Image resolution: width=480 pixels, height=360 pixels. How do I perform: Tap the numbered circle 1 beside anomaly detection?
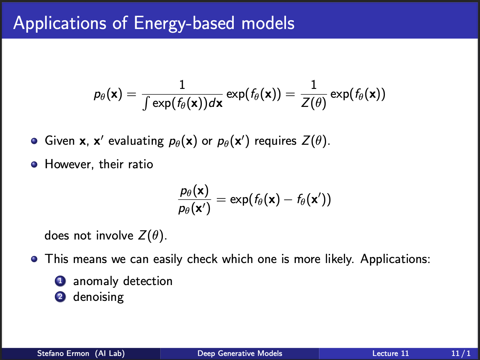[60, 281]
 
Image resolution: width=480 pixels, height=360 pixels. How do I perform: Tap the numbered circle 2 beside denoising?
[60, 297]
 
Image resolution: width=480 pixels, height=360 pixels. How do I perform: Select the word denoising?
[98, 297]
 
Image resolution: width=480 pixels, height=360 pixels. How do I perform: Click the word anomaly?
[96, 281]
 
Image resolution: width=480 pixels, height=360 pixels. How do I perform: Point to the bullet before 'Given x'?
[34, 141]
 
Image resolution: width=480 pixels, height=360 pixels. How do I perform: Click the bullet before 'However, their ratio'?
[34, 164]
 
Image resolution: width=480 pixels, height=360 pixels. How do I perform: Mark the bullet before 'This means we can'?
[34, 259]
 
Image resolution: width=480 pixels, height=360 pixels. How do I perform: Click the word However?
[68, 164]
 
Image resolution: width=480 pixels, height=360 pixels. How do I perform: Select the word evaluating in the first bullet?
[136, 141]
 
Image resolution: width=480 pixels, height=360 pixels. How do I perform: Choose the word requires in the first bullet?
[276, 141]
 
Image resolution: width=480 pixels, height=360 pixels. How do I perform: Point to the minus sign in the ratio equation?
[288, 200]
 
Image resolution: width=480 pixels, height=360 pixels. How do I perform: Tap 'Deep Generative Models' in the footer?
[240, 353]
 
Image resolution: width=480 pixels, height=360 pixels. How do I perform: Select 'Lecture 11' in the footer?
[390, 353]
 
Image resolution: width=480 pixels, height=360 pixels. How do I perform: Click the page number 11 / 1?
[461, 353]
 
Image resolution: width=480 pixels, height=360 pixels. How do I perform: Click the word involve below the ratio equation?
[115, 235]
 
